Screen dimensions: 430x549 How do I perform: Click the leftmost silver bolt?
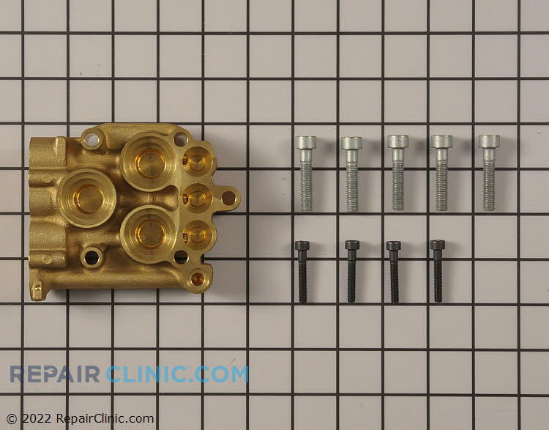click(x=306, y=173)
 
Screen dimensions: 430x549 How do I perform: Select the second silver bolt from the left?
click(x=351, y=174)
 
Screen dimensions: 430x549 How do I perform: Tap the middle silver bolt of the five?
click(x=397, y=173)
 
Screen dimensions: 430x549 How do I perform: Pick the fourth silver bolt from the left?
click(x=441, y=173)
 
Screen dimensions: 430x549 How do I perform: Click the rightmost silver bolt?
click(x=489, y=173)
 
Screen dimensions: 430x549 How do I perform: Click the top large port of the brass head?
click(x=148, y=160)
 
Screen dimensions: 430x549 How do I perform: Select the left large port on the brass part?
click(x=88, y=197)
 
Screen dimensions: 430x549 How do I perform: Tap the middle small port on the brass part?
click(x=196, y=196)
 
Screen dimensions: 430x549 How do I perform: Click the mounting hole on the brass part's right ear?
click(x=228, y=197)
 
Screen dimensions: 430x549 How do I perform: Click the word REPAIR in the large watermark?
click(x=55, y=374)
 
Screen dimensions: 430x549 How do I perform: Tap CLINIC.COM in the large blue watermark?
click(x=177, y=374)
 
